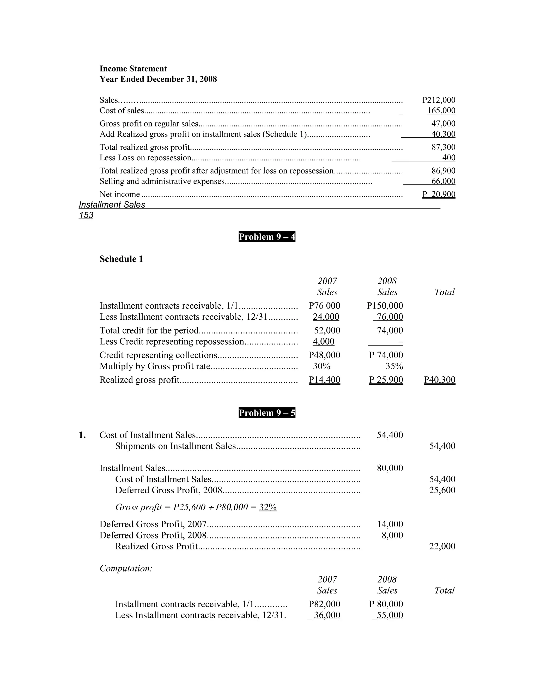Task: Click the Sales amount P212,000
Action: tap(439, 100)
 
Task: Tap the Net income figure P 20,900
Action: tap(439, 194)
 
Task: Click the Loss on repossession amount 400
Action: tap(448, 157)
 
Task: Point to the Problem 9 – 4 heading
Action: tap(267, 237)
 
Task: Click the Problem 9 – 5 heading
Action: tap(267, 413)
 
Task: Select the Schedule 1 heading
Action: tap(121, 259)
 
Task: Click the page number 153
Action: tap(86, 215)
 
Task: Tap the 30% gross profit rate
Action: tap(321, 366)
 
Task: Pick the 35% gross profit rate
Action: tap(394, 366)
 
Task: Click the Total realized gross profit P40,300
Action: tap(439, 380)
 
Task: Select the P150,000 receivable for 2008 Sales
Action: tap(385, 306)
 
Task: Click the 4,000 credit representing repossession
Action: tap(323, 341)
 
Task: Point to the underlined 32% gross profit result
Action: tap(268, 507)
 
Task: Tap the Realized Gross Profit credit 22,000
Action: tap(442, 546)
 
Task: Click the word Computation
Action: tap(126, 568)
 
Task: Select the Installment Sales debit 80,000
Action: tap(390, 468)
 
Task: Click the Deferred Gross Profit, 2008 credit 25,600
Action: tap(442, 490)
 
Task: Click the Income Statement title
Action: tap(133, 69)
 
